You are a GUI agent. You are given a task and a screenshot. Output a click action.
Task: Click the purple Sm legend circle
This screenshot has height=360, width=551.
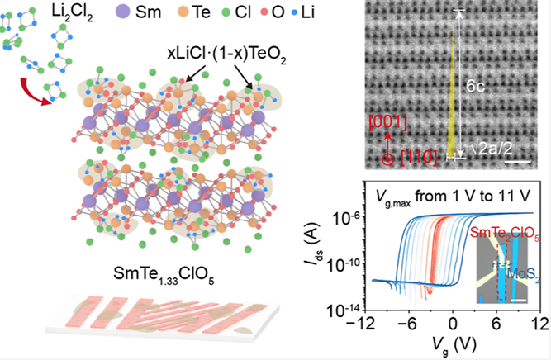(x=122, y=12)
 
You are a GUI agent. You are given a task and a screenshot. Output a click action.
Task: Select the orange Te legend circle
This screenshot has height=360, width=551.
(x=183, y=12)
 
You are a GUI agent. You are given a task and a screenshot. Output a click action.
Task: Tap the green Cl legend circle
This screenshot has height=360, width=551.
(x=226, y=12)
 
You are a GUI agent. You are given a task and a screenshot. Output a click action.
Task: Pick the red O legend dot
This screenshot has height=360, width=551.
(x=264, y=12)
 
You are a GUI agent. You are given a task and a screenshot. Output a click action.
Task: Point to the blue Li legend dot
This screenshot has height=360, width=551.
(x=294, y=13)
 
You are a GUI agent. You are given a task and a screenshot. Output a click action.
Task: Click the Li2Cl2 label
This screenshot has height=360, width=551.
(x=72, y=12)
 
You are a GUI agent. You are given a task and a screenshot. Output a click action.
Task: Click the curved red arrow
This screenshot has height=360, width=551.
(x=34, y=91)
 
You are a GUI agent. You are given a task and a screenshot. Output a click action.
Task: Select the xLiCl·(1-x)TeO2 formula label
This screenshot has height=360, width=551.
(x=226, y=54)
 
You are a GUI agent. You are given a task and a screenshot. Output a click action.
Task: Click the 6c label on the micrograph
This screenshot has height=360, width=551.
(x=475, y=86)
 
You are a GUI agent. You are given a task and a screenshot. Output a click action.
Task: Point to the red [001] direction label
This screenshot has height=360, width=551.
(x=387, y=122)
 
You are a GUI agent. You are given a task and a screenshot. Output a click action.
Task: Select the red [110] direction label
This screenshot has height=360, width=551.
(x=419, y=157)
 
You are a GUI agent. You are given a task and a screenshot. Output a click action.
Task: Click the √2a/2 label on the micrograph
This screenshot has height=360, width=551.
(x=492, y=149)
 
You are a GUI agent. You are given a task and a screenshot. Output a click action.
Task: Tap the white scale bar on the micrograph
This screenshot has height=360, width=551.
(x=518, y=162)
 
